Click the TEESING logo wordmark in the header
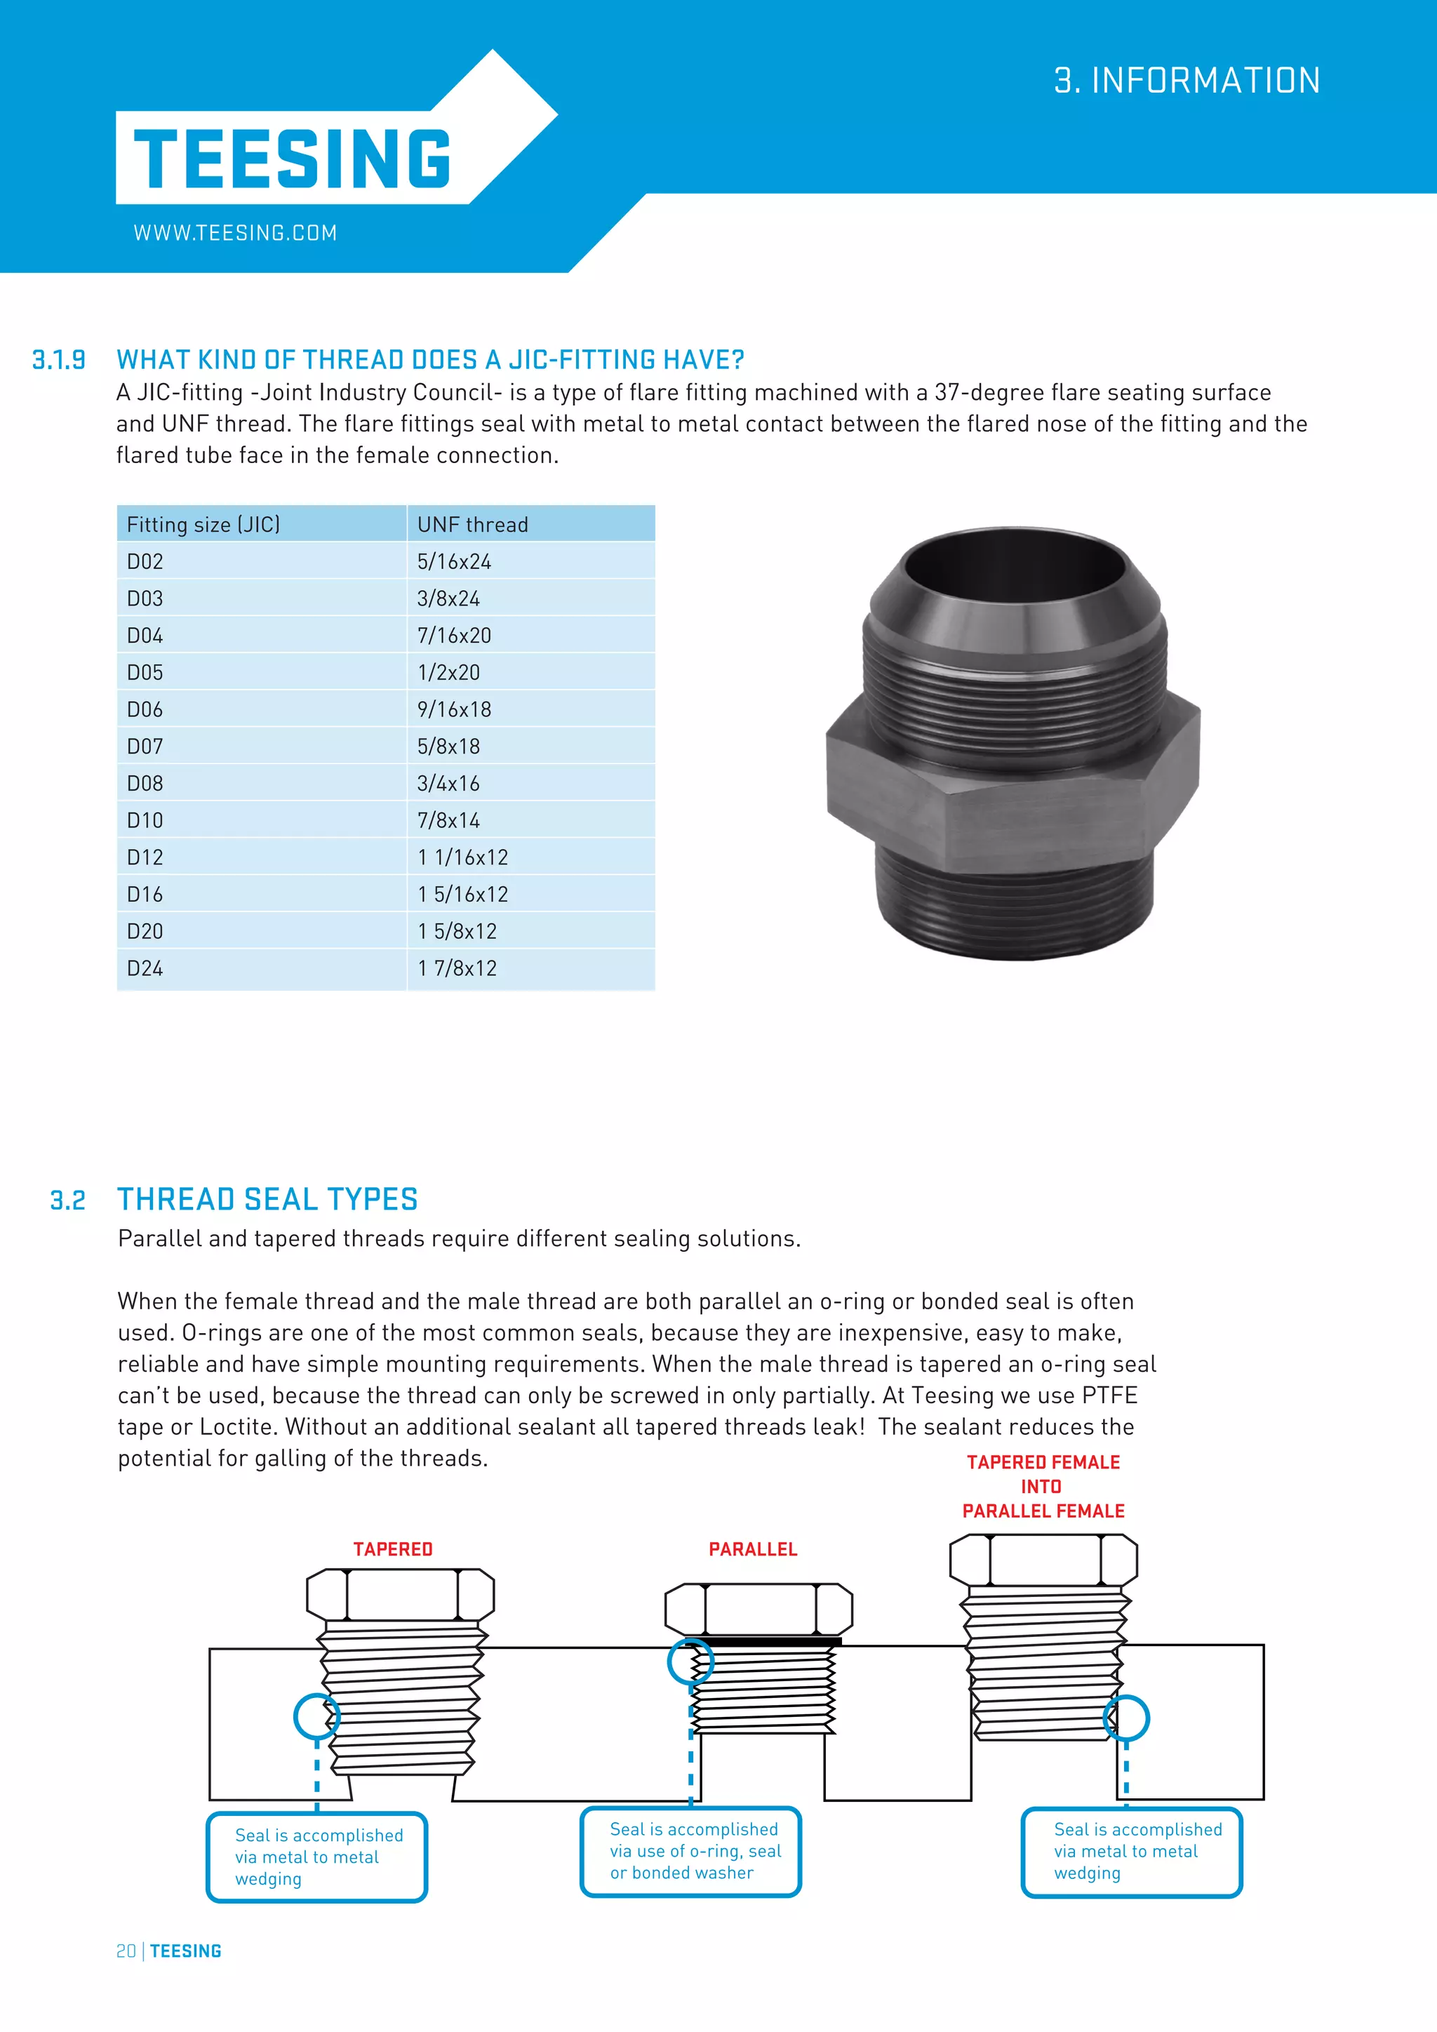click(x=292, y=159)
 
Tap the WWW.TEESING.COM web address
click(x=235, y=233)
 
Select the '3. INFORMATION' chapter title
click(x=1187, y=81)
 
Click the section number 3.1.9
click(x=58, y=360)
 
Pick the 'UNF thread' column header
click(x=472, y=525)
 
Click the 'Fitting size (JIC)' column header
click(x=203, y=525)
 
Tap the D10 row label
click(x=145, y=820)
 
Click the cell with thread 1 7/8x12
click(x=457, y=968)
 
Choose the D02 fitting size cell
click(x=145, y=562)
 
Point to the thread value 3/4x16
click(x=448, y=783)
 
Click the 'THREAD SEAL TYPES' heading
click(x=267, y=1199)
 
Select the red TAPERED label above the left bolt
click(x=393, y=1549)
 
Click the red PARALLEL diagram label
click(x=753, y=1549)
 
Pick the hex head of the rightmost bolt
click(x=1043, y=1559)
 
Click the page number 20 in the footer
click(x=126, y=1951)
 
